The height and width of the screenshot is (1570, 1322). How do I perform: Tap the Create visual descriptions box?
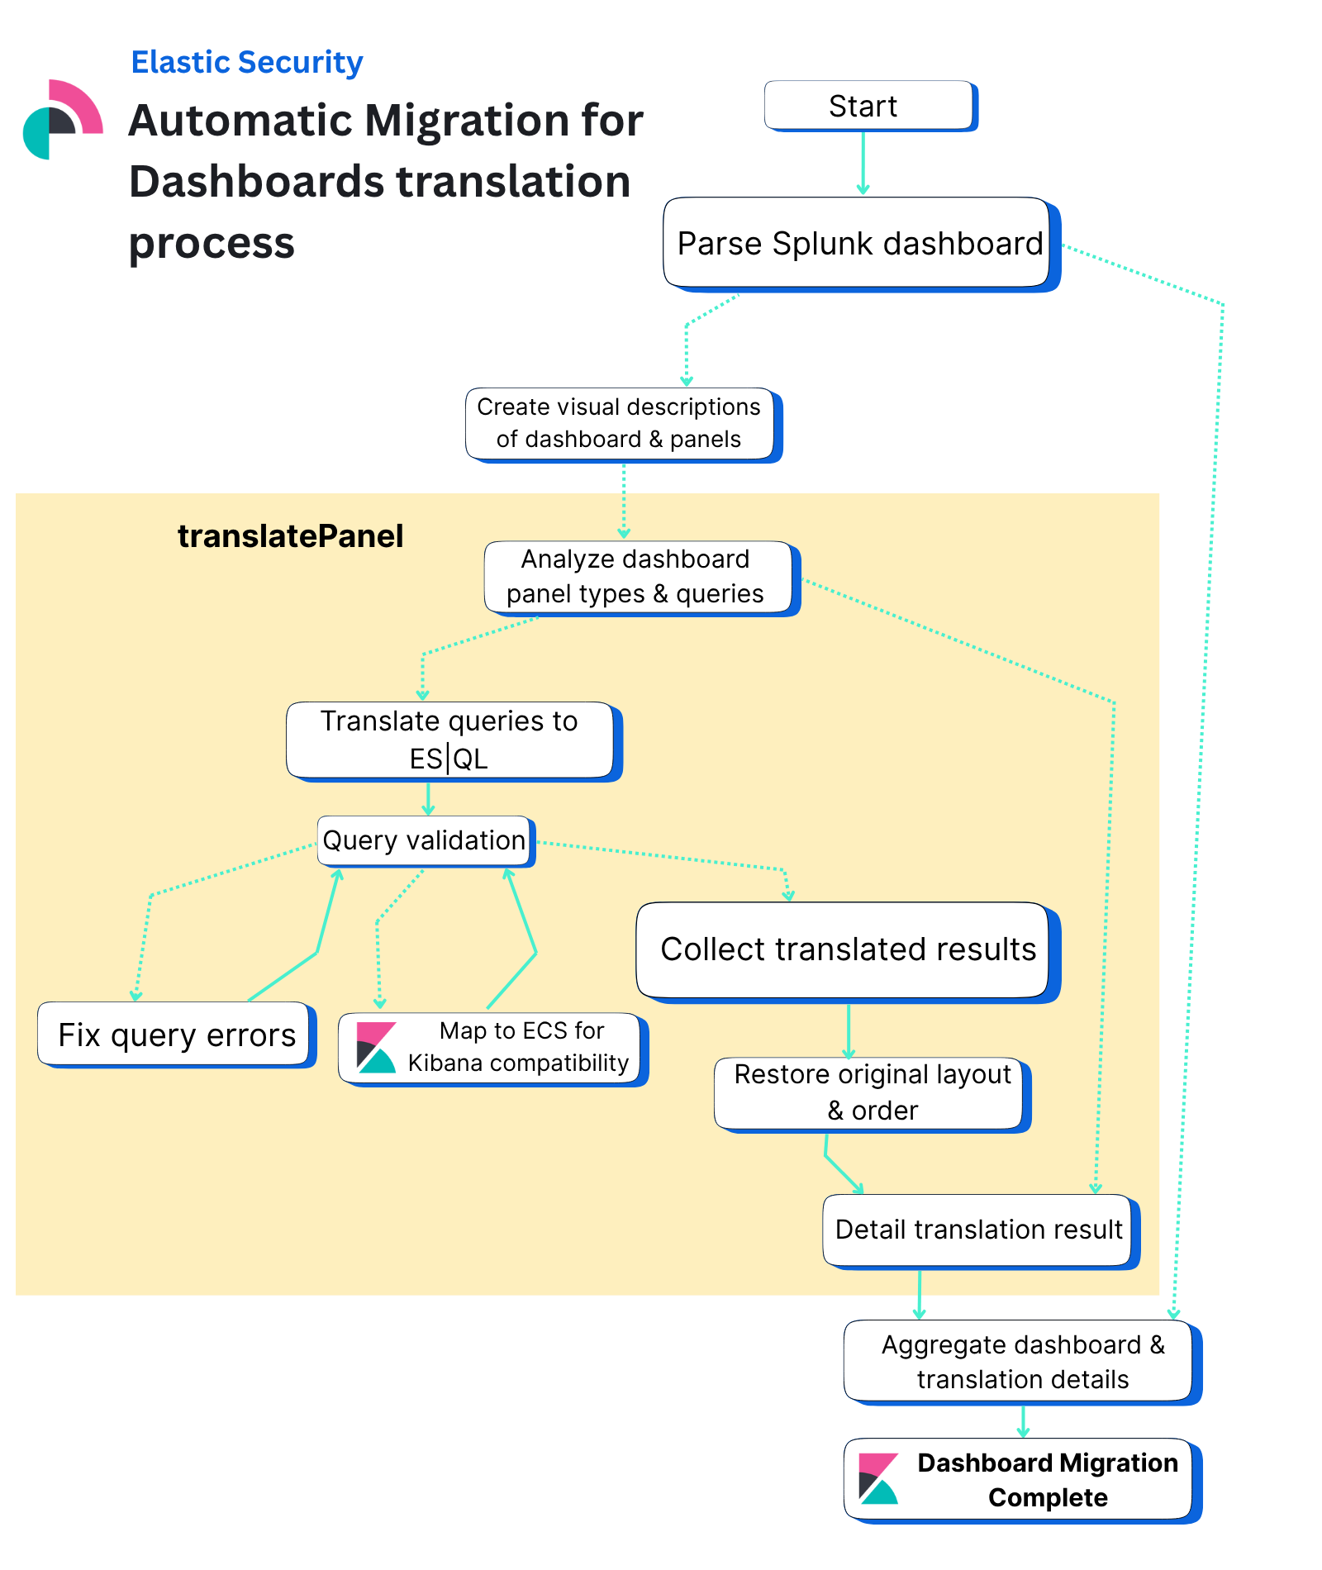(620, 423)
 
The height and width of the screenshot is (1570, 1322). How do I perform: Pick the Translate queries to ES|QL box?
(450, 740)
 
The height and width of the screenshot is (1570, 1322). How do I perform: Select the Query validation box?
(424, 840)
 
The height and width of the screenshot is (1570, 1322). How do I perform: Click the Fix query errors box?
(175, 1034)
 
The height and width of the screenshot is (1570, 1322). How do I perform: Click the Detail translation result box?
(978, 1230)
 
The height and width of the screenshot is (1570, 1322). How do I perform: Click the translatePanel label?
(290, 536)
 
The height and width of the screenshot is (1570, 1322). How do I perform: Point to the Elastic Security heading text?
(247, 63)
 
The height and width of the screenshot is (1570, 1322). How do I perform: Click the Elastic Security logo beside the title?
(63, 120)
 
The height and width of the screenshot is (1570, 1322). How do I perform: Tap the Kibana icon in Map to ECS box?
(376, 1047)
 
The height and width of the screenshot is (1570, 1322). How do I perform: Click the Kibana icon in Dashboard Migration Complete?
(878, 1478)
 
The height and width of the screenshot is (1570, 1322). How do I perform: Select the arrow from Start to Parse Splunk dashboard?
(863, 163)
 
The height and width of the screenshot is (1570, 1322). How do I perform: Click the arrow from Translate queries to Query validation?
(428, 798)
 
